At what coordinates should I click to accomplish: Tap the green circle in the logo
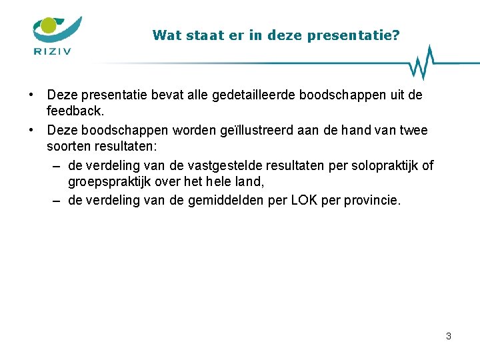click(x=48, y=26)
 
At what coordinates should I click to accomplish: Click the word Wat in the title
click(x=163, y=35)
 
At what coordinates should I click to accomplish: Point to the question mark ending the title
click(x=396, y=35)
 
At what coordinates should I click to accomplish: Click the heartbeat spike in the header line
click(x=421, y=62)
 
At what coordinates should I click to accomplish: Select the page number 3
click(x=449, y=336)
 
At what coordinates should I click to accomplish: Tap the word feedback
click(x=75, y=109)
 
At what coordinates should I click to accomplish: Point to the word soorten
click(x=70, y=144)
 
